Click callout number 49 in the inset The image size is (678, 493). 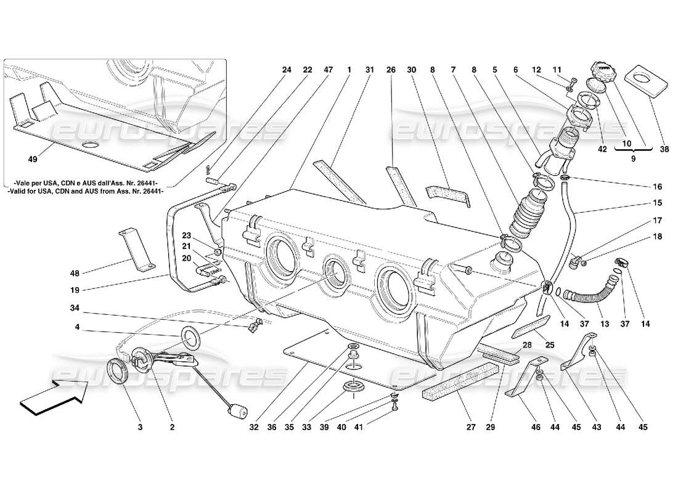click(x=33, y=159)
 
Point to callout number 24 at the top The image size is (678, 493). click(x=287, y=70)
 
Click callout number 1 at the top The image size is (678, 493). click(x=349, y=70)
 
